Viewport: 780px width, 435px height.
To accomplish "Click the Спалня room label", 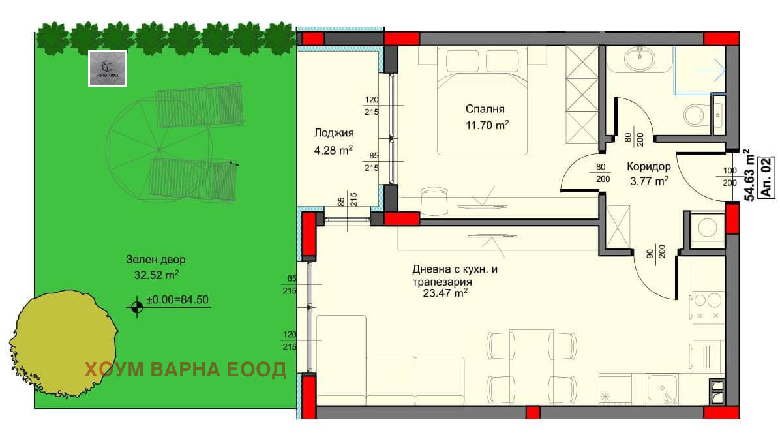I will pyautogui.click(x=485, y=109).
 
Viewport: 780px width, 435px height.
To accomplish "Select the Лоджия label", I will pyautogui.click(x=333, y=133).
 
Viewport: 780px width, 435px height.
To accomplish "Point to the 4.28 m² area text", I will pyautogui.click(x=333, y=149).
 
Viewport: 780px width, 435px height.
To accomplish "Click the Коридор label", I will pyautogui.click(x=648, y=166).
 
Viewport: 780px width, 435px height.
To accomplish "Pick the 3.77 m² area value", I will pyautogui.click(x=648, y=182).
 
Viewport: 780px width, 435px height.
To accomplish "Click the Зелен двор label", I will pyautogui.click(x=151, y=260).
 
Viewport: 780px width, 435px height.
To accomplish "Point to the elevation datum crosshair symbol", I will pyautogui.click(x=136, y=307).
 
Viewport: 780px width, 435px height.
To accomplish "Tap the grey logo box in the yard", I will pyautogui.click(x=108, y=68).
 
